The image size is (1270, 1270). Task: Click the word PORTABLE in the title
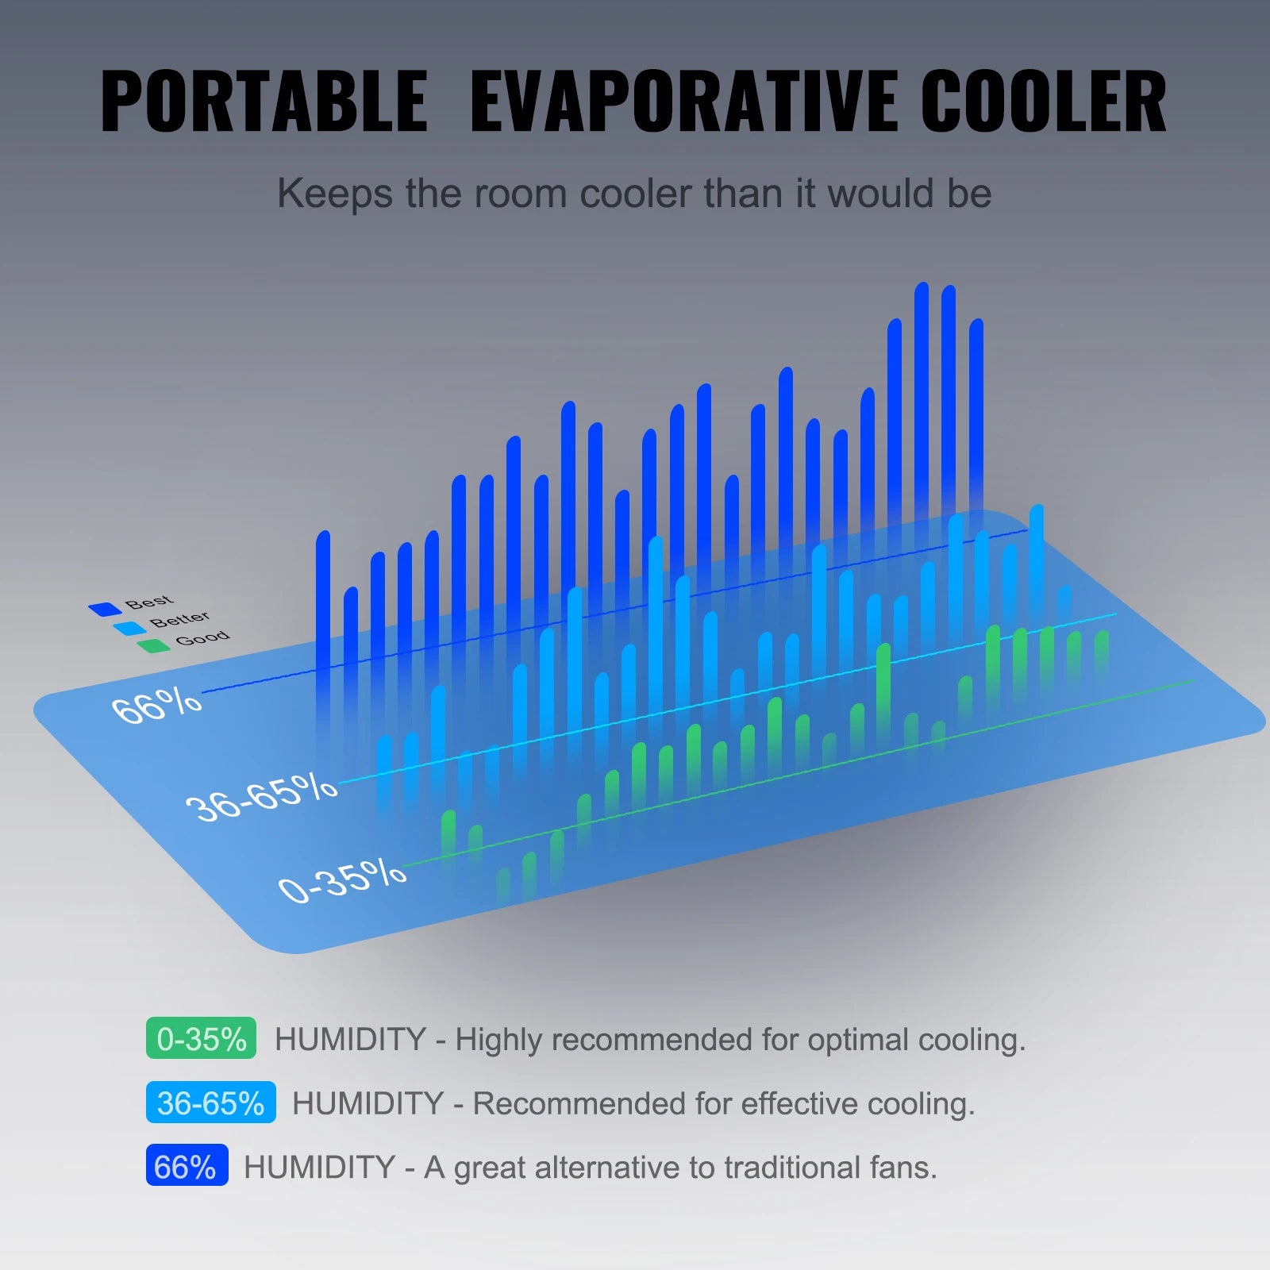(264, 101)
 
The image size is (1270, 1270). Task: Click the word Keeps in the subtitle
(334, 194)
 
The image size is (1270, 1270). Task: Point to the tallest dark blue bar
(922, 397)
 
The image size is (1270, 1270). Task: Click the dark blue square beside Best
(104, 610)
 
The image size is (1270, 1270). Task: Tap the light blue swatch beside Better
(129, 629)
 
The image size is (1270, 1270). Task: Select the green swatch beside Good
(153, 645)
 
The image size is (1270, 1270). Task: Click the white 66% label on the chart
(156, 706)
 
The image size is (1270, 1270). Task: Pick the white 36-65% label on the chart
(260, 796)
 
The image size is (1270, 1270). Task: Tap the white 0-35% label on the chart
(342, 879)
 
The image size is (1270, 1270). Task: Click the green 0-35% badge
(201, 1038)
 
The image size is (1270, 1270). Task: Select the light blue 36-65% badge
(210, 1103)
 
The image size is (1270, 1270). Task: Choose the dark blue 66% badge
(187, 1166)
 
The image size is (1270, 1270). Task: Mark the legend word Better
(180, 618)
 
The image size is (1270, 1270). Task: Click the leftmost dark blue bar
(323, 603)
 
